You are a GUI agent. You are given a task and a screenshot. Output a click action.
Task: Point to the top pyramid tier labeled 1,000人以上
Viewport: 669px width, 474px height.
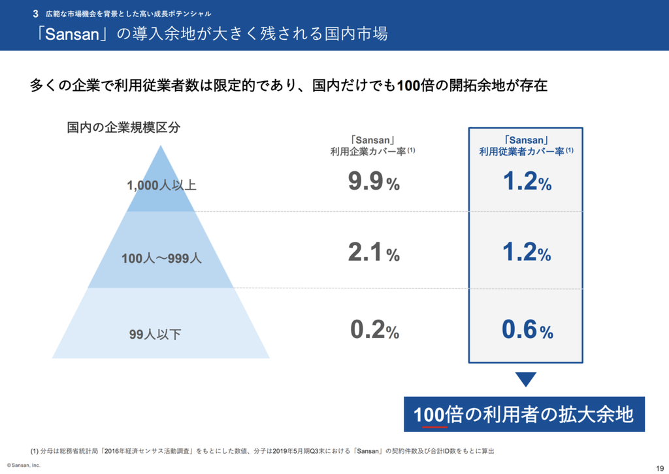161,185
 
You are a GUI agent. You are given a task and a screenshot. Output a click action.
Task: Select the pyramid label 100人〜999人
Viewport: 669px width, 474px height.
161,258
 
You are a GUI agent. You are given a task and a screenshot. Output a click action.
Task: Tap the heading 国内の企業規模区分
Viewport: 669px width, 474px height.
123,127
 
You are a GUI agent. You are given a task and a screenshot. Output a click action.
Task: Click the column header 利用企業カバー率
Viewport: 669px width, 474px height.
373,151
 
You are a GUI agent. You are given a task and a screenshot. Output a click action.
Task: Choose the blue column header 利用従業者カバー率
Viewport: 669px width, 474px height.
526,151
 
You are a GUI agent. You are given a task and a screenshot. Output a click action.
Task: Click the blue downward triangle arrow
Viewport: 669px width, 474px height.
526,379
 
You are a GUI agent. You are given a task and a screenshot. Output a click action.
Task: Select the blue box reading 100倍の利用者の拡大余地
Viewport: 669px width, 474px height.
524,414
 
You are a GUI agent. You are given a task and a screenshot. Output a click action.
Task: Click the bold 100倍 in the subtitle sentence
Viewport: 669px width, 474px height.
412,86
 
